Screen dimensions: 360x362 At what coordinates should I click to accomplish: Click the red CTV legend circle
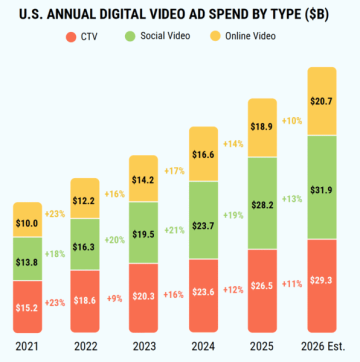coord(71,36)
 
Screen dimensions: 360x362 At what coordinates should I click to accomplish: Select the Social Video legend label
coord(165,36)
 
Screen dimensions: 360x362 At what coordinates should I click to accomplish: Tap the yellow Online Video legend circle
coord(215,36)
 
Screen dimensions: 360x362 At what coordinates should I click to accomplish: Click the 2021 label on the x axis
coord(27,347)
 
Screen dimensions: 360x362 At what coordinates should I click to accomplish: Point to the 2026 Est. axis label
coord(323,347)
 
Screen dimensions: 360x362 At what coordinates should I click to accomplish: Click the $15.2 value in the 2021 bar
coord(28,307)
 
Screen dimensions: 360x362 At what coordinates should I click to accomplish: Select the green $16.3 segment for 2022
coord(85,244)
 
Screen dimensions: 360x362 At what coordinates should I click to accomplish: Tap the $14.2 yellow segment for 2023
coord(143,178)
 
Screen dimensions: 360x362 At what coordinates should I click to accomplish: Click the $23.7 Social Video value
coord(204,226)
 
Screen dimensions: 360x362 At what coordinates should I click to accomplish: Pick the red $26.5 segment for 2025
coord(262,291)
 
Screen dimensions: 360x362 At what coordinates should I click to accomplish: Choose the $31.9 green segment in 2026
coord(322,187)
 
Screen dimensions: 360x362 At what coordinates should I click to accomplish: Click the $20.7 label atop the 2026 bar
coord(322,101)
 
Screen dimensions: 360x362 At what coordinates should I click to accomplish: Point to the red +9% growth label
coord(115,299)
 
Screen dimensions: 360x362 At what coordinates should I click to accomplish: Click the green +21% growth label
coord(174,230)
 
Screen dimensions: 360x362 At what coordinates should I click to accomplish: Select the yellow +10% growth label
coord(292,121)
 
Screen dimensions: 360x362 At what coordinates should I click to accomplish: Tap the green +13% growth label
coord(292,199)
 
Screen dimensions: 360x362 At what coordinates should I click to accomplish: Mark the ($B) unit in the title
coord(315,16)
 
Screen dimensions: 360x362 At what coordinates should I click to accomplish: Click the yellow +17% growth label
coord(174,171)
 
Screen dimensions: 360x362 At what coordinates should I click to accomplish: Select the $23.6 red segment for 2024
coord(204,296)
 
